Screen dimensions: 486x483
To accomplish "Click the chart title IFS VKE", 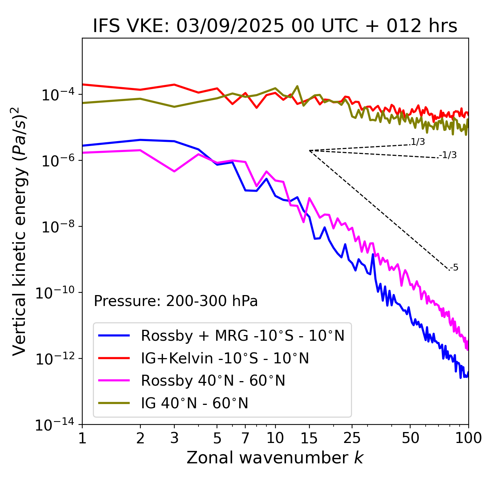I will (x=275, y=26).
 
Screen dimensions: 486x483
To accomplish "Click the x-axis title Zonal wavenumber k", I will (x=275, y=457).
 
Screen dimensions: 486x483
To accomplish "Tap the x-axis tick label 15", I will (x=309, y=438).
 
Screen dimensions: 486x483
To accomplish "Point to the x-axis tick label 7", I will (x=245, y=438).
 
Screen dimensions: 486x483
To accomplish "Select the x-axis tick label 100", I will (x=468, y=438).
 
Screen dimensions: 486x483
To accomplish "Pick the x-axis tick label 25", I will (x=352, y=438).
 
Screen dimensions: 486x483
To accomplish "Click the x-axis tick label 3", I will (x=174, y=438).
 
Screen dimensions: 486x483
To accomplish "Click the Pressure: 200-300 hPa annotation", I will (x=175, y=301).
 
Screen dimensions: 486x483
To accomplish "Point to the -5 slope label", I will (x=454, y=268).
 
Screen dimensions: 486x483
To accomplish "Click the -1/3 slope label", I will (x=448, y=155).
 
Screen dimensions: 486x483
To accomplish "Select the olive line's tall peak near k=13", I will (x=297, y=86).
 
